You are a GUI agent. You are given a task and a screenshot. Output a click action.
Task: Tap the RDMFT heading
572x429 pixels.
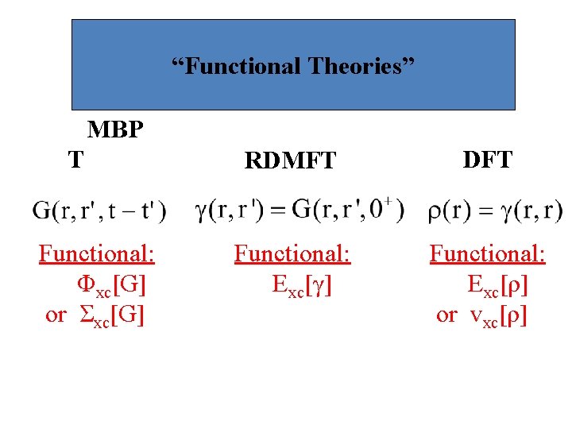[x=291, y=161]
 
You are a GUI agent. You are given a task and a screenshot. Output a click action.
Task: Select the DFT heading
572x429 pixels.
[x=487, y=160]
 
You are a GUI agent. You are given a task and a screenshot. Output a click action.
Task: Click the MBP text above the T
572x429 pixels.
[x=115, y=129]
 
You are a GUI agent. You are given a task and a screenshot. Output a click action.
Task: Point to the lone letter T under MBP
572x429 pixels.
[x=75, y=160]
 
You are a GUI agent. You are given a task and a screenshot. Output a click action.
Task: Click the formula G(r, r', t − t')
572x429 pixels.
[x=100, y=211]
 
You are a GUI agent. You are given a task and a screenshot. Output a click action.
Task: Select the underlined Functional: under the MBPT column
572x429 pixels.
[x=97, y=254]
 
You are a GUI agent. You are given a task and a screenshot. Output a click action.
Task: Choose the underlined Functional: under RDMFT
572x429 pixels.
[x=292, y=254]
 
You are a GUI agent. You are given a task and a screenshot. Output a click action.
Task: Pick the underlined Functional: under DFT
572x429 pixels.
[x=488, y=254]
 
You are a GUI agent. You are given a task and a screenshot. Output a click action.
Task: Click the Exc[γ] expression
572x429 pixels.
[x=301, y=284]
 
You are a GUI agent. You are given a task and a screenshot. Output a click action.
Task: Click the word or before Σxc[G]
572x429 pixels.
[x=56, y=315]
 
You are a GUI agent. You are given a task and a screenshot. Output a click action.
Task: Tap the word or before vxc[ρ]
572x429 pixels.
[x=447, y=315]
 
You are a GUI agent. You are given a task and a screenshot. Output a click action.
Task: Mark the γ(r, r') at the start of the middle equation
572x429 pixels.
[x=229, y=211]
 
